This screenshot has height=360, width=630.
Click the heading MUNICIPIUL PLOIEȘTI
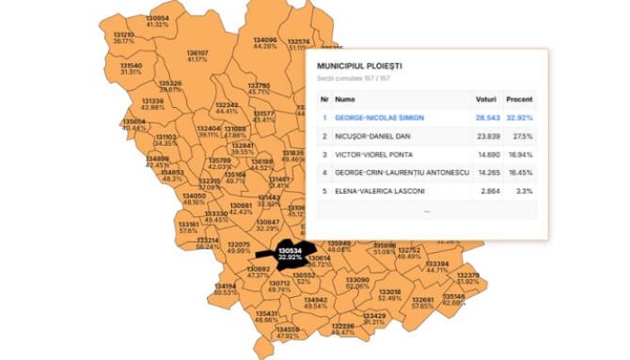[x=359, y=67]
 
